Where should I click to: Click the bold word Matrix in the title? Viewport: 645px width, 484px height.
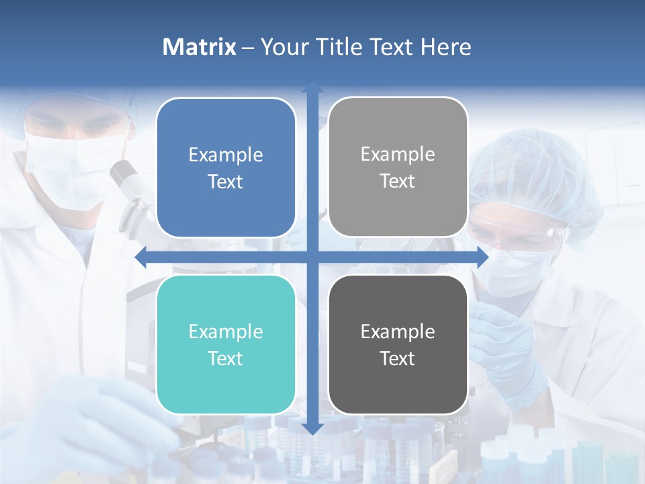tap(199, 47)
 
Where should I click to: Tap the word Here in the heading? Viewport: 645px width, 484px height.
tap(445, 47)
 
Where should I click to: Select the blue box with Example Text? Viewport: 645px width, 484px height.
tap(226, 167)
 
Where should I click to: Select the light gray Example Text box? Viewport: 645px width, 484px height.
tap(398, 167)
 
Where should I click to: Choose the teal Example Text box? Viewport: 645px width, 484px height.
tap(226, 344)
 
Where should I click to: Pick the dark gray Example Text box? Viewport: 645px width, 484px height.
tap(398, 344)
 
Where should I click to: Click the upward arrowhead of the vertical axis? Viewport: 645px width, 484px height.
tap(312, 87)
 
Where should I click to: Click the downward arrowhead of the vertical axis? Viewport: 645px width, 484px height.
tap(312, 428)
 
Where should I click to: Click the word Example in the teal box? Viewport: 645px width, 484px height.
tap(226, 331)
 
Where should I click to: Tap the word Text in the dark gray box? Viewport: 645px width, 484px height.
tap(398, 358)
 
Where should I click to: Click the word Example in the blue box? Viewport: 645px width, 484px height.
tap(226, 155)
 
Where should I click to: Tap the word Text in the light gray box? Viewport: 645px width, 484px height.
tap(398, 181)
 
